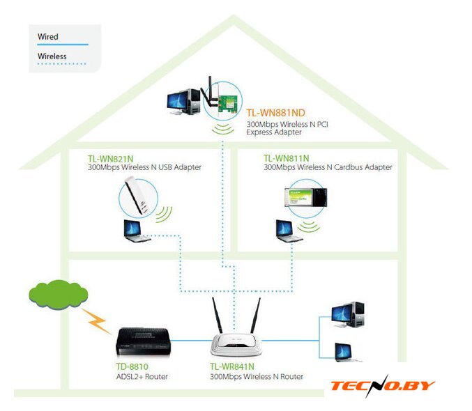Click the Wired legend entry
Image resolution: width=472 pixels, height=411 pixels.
49,36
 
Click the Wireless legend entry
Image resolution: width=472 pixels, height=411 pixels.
52,56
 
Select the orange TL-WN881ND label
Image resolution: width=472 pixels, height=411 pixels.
276,112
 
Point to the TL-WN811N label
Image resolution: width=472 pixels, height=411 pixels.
287,158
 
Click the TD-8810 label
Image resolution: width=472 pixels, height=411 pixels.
132,366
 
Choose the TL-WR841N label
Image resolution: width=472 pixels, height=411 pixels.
232,366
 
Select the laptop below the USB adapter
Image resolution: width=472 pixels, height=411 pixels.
135,231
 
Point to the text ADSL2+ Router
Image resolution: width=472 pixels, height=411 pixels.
142,377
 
